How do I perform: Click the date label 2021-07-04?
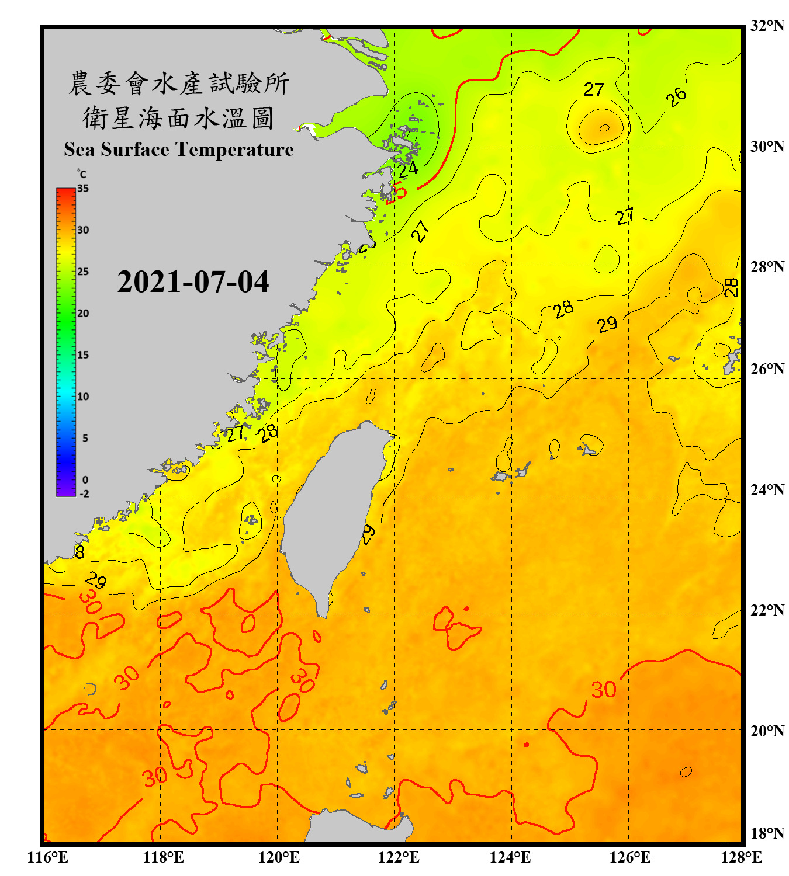click(x=193, y=282)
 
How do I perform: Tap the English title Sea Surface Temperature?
click(x=179, y=150)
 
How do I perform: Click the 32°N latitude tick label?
click(x=767, y=26)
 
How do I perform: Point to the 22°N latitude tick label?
click(x=767, y=610)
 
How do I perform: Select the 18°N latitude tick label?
click(x=767, y=833)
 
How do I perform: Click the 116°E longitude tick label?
click(x=47, y=857)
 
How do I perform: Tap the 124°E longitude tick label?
click(x=510, y=857)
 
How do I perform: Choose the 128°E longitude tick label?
click(x=741, y=857)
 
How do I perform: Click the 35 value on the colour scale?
click(x=83, y=189)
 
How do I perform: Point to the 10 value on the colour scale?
click(x=83, y=397)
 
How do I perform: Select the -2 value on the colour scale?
click(x=84, y=494)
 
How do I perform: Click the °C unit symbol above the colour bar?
click(x=82, y=174)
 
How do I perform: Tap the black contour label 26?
click(x=676, y=98)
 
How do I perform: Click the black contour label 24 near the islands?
click(x=408, y=169)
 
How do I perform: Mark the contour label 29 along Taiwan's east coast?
click(x=368, y=534)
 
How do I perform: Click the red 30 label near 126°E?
click(x=603, y=690)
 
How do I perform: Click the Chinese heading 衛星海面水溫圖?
click(x=178, y=118)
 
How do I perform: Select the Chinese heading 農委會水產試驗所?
click(x=178, y=84)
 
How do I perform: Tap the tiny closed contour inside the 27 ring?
click(x=604, y=128)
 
